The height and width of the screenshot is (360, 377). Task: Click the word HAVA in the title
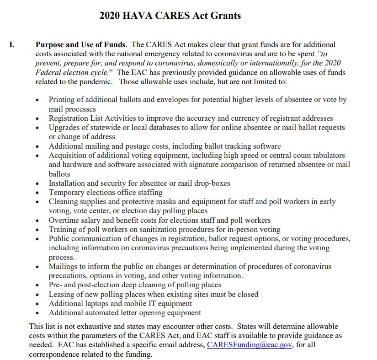click(142, 16)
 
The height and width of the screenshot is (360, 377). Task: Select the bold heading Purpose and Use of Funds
click(80, 45)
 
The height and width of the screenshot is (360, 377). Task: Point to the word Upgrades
click(64, 127)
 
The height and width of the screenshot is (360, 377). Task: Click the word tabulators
click(328, 156)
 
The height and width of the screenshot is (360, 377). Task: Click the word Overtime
click(65, 220)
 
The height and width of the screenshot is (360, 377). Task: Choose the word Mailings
click(64, 266)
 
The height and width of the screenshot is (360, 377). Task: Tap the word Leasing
click(63, 294)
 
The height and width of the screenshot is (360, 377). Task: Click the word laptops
click(96, 303)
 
